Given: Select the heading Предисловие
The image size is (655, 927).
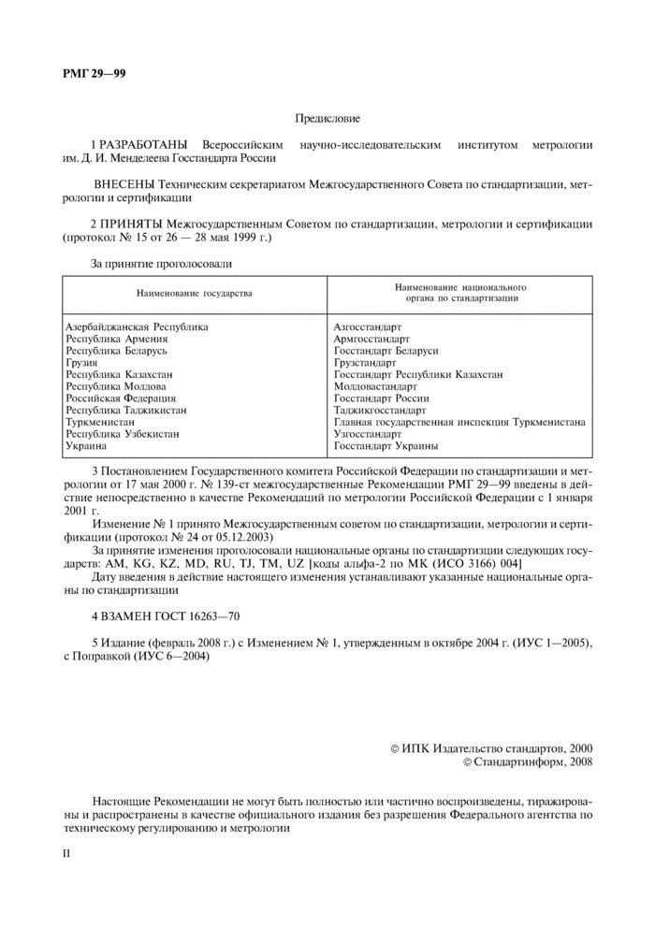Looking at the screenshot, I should tap(327, 119).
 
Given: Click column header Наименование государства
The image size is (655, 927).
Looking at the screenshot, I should tap(195, 294).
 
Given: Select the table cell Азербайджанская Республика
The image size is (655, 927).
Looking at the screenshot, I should tap(137, 326).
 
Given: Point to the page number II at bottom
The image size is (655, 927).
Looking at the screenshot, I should tap(66, 853).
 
